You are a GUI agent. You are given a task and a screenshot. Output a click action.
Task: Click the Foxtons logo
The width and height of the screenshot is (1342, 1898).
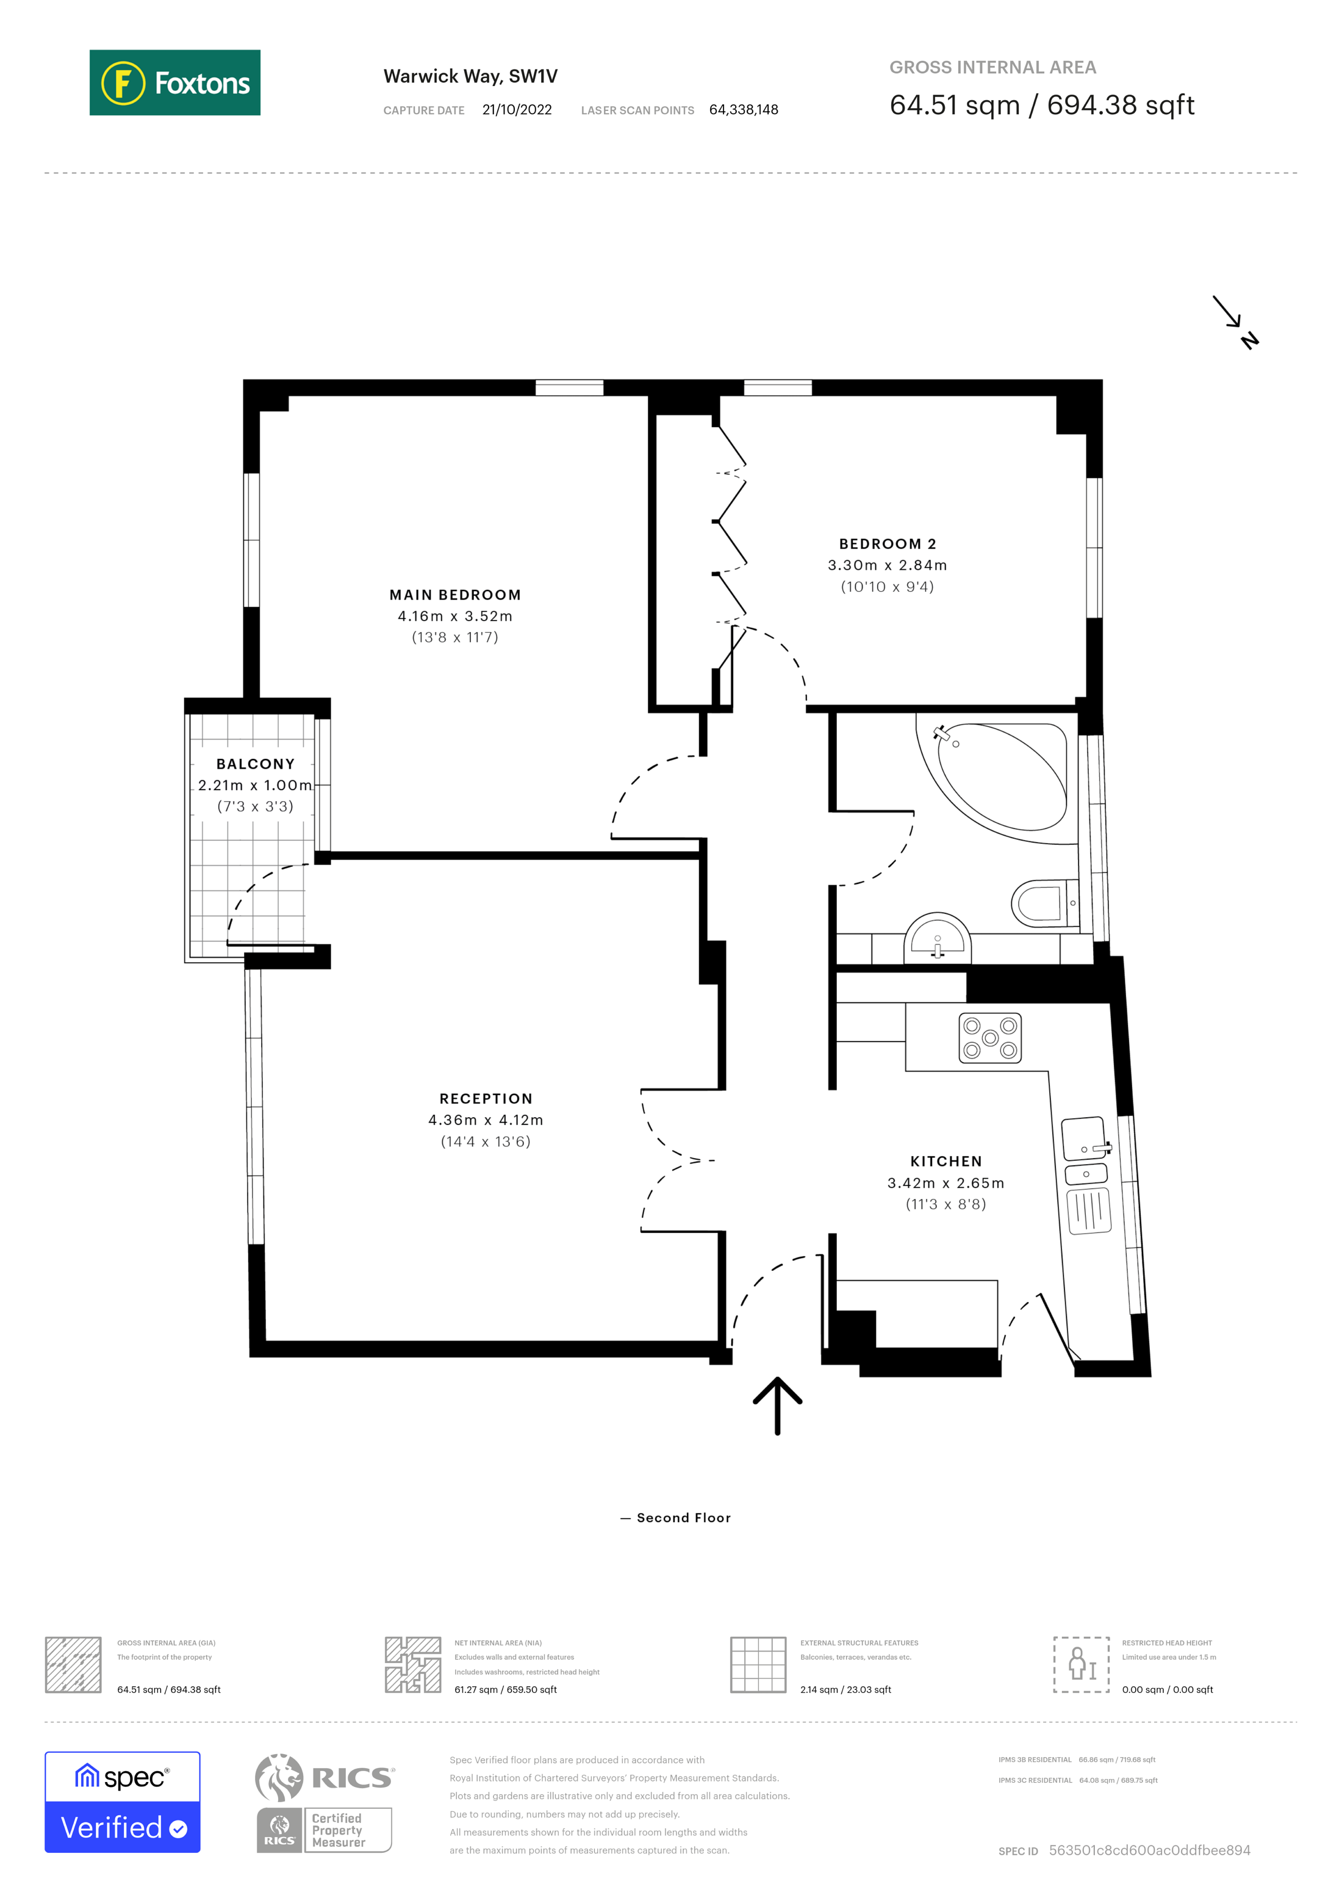click(174, 82)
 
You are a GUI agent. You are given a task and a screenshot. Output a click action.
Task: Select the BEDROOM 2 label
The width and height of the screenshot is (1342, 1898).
click(887, 544)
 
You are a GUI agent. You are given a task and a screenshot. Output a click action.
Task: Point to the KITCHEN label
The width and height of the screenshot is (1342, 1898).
click(945, 1162)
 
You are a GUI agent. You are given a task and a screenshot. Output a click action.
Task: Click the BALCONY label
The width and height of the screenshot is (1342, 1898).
click(256, 764)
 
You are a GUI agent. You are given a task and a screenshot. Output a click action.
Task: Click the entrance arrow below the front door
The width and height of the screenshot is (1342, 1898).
click(777, 1404)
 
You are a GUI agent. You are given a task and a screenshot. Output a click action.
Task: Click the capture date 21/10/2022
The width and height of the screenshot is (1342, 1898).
click(517, 110)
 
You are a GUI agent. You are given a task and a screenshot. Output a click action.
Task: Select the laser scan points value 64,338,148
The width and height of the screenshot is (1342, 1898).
click(743, 110)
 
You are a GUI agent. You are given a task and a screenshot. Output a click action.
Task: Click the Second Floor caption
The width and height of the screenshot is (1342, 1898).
click(683, 1518)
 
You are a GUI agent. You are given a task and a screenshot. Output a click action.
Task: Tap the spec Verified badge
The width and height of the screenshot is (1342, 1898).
click(122, 1802)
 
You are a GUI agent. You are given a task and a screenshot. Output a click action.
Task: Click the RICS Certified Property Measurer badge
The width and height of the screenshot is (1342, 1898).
click(324, 1804)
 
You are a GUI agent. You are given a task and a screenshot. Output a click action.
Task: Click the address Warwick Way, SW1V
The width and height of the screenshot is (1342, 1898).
click(470, 76)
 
